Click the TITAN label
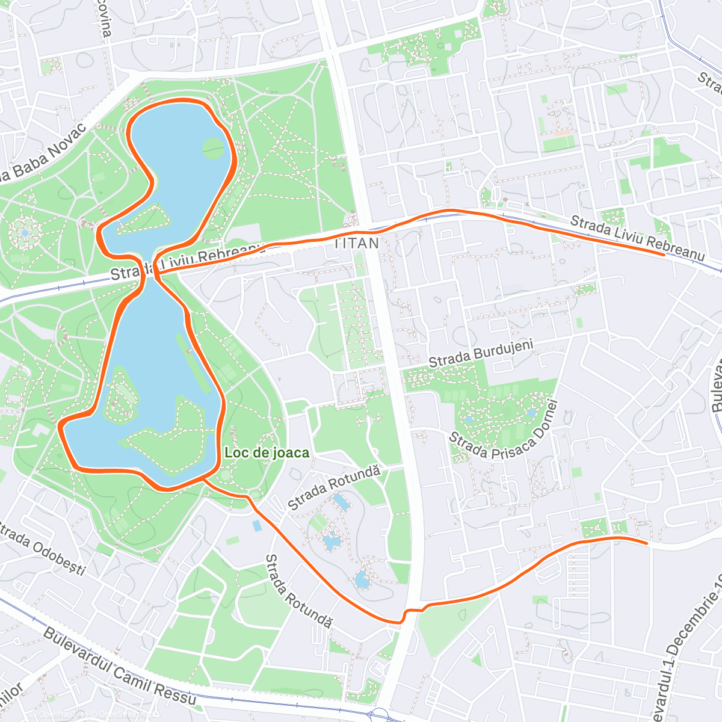pos(357,243)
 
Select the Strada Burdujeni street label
pos(481,354)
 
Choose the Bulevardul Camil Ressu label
pos(120,667)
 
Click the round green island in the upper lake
pos(212,148)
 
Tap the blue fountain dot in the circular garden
pos(24,232)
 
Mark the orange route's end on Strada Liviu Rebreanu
pos(664,255)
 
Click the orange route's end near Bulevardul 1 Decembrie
pos(646,543)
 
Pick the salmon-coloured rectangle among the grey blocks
pos(562,133)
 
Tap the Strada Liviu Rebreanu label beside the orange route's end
pos(637,238)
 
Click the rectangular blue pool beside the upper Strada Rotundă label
pos(340,501)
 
